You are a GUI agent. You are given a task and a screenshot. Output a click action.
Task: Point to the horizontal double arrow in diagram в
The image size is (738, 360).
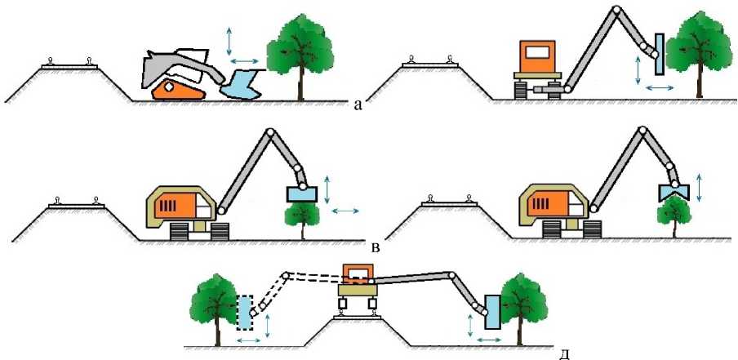(x=345, y=211)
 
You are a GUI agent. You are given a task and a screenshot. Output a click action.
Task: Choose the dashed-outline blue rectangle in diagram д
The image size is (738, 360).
(x=245, y=312)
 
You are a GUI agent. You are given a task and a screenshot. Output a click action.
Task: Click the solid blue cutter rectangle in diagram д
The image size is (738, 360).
(x=492, y=311)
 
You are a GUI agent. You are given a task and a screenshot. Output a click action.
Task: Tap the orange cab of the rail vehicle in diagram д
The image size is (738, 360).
(x=357, y=274)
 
